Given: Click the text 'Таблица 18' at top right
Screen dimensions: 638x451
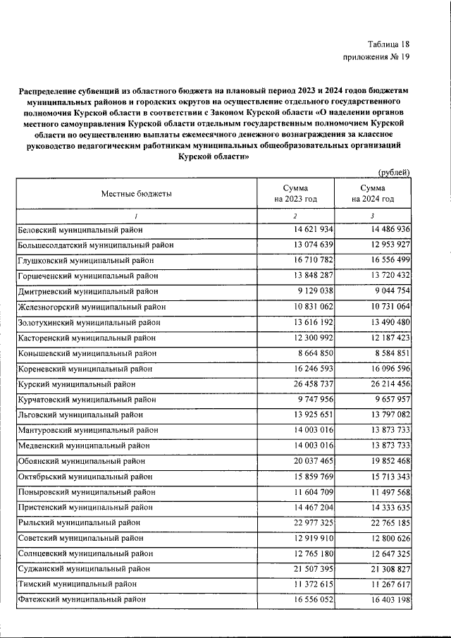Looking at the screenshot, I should point(389,43).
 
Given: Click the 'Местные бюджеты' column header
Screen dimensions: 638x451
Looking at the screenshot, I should point(136,193).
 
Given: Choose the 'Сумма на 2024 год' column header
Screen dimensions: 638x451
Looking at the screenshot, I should point(372,194).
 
